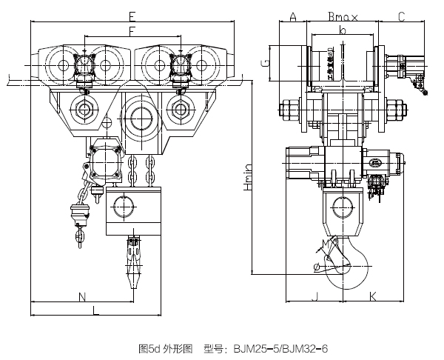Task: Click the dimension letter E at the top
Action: point(131,15)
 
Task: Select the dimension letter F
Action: point(131,30)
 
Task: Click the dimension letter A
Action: point(293,16)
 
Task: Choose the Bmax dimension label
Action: point(341,16)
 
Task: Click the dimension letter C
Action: point(401,16)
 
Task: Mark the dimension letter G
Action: point(264,63)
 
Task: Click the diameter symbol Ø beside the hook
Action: point(317,266)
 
